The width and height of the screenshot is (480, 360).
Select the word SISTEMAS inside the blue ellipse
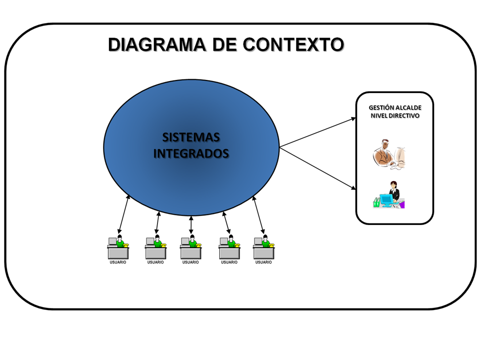click(191, 137)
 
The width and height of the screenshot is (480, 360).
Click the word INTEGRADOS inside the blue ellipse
click(191, 153)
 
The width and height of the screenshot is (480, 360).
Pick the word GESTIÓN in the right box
click(381, 107)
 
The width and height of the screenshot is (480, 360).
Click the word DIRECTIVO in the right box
click(402, 115)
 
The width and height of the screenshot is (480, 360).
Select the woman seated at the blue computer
click(394, 192)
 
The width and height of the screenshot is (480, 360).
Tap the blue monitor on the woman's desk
click(386, 199)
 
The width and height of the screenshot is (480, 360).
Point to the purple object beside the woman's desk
click(401, 204)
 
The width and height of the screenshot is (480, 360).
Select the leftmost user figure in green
click(119, 241)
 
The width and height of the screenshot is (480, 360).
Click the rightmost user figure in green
click(265, 241)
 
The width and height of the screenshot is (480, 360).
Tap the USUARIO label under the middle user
click(190, 262)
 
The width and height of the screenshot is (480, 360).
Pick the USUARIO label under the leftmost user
click(118, 262)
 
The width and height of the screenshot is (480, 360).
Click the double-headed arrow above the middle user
click(191, 225)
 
